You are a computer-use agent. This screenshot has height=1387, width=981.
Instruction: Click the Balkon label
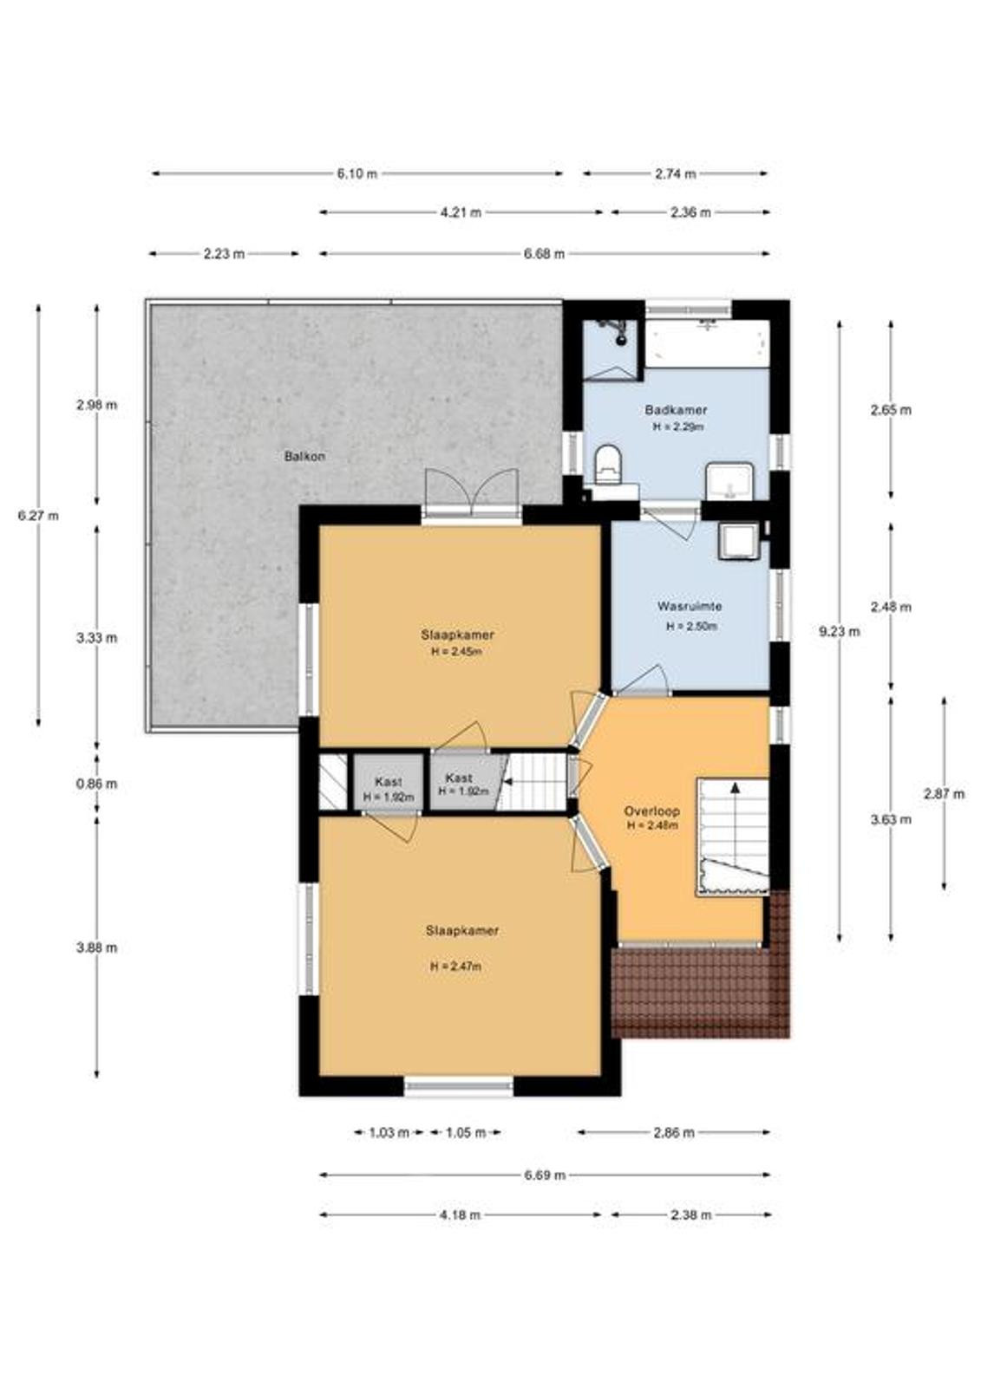point(304,456)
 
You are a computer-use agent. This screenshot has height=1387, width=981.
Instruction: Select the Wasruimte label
point(690,606)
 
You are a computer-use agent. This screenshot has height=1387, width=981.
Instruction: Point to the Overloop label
point(652,811)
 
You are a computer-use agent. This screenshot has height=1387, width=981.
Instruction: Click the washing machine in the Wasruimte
point(739,541)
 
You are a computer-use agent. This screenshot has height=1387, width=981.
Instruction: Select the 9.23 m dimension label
point(840,632)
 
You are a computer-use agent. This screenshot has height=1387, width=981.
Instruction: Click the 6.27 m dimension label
point(38,515)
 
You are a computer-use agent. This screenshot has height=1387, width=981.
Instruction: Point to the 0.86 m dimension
point(96,784)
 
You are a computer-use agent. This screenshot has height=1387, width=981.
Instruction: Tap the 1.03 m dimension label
point(389,1133)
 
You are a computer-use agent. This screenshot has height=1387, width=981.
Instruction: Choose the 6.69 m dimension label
point(545,1175)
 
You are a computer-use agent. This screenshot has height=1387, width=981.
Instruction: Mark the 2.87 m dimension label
point(944,793)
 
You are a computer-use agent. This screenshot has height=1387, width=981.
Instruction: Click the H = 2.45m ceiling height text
point(457,651)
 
